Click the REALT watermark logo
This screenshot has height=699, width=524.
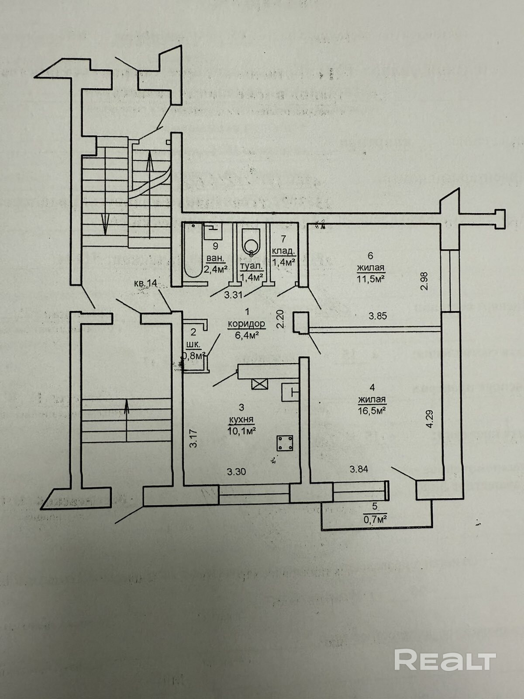click(x=445, y=660)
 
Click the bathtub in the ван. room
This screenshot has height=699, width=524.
click(x=192, y=251)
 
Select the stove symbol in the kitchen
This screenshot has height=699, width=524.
click(x=285, y=443)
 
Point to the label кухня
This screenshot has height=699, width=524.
click(x=241, y=420)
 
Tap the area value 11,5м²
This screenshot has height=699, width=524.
click(x=372, y=278)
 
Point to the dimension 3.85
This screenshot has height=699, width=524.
click(x=377, y=316)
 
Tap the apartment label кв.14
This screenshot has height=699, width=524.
click(x=146, y=284)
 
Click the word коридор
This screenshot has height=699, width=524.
click(x=246, y=324)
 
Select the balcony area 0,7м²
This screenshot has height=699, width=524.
click(x=376, y=520)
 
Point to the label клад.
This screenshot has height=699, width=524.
click(x=284, y=251)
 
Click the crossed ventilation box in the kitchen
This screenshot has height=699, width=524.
click(x=259, y=384)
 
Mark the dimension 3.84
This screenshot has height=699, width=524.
click(x=359, y=469)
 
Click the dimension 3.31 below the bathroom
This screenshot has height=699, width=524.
click(x=233, y=295)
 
